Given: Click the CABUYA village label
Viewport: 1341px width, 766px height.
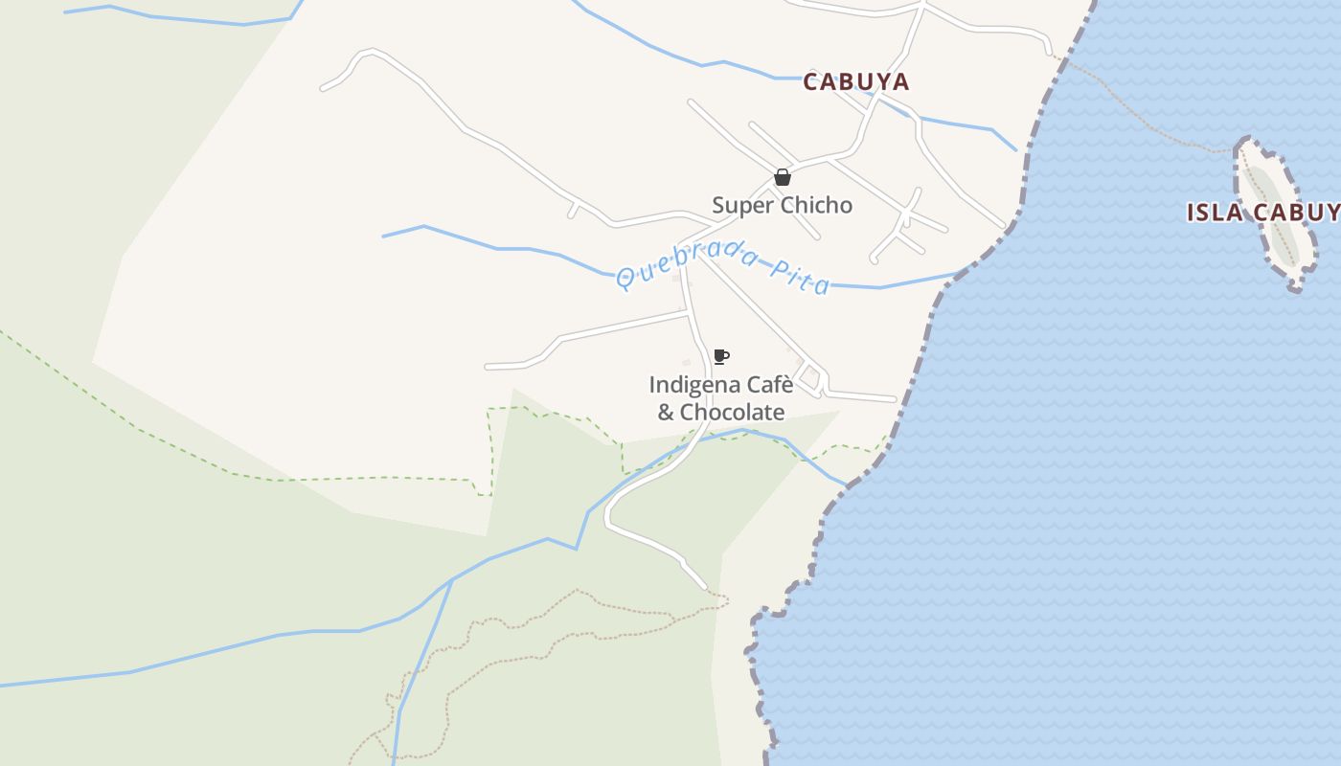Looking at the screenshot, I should click(855, 82).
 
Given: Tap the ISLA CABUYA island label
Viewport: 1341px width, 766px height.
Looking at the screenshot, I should click(1262, 213).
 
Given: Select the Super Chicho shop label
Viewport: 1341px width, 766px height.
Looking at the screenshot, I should click(782, 205).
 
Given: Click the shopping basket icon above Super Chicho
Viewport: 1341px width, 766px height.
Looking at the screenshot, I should click(783, 177).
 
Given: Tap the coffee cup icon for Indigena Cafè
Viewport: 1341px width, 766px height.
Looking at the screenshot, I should click(721, 357).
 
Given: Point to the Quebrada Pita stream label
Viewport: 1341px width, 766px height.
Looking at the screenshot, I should click(723, 267).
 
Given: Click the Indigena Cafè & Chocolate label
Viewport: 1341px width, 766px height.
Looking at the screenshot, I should click(721, 398).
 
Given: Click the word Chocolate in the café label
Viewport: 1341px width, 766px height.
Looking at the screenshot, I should click(733, 413).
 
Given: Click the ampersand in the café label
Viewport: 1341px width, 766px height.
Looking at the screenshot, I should click(666, 413).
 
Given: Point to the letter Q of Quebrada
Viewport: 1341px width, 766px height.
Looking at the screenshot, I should click(625, 280).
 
